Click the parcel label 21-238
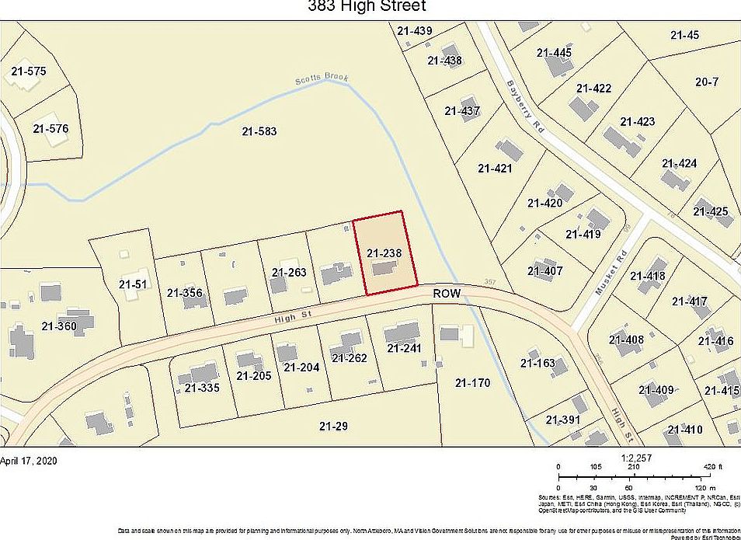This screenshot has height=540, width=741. (383, 253)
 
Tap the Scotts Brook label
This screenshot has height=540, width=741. (322, 79)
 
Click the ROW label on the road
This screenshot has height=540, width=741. (447, 294)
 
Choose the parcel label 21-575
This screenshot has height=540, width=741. (29, 71)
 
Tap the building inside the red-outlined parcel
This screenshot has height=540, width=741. (383, 269)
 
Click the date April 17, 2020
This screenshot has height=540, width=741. (29, 460)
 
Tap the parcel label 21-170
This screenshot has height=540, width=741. (472, 382)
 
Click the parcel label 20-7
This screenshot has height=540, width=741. (707, 82)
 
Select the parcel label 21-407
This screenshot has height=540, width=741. (544, 271)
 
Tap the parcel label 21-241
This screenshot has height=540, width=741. (403, 348)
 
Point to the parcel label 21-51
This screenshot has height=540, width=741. (132, 284)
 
